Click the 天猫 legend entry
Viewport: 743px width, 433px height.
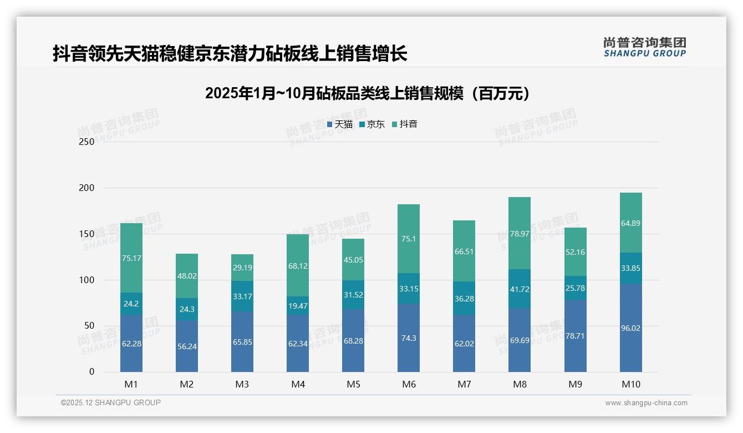(340, 124)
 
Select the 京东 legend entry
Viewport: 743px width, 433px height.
(372, 124)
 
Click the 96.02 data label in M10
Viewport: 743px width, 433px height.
(630, 328)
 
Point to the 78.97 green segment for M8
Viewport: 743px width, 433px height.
(520, 234)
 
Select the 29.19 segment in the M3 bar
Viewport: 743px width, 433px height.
(242, 268)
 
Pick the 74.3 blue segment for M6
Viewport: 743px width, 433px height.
(409, 338)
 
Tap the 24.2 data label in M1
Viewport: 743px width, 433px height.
(131, 304)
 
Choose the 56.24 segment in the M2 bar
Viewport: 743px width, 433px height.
(187, 346)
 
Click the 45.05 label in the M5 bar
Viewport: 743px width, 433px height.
(353, 260)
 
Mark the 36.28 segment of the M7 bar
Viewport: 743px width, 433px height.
(464, 299)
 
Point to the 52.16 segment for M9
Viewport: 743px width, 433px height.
(575, 252)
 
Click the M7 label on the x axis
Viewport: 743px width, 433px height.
(464, 384)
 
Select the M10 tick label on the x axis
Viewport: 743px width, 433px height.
(630, 384)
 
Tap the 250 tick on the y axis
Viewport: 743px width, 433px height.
(87, 142)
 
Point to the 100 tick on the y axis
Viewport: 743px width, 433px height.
(87, 280)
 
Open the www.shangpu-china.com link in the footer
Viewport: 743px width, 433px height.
(646, 403)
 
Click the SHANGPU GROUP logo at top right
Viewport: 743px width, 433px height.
(644, 47)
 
